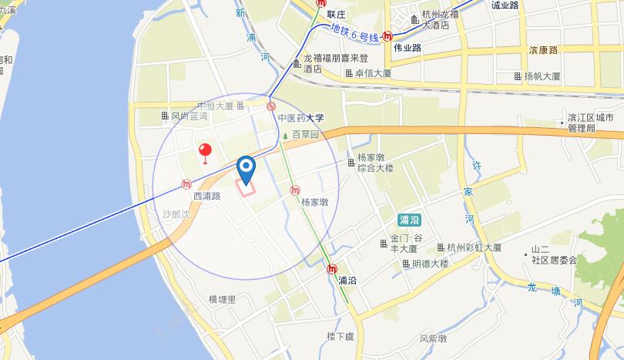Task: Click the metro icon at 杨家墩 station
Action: pyautogui.click(x=295, y=190)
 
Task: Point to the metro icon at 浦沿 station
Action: pyautogui.click(x=331, y=269)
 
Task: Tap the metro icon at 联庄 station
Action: pyautogui.click(x=321, y=3)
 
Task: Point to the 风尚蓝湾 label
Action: pyautogui.click(x=184, y=116)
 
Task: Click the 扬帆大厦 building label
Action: pyautogui.click(x=536, y=76)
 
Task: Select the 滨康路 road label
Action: pyautogui.click(x=544, y=49)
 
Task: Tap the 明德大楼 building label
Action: pyautogui.click(x=424, y=264)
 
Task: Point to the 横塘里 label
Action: pyautogui.click(x=223, y=299)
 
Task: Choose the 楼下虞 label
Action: pyautogui.click(x=339, y=336)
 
